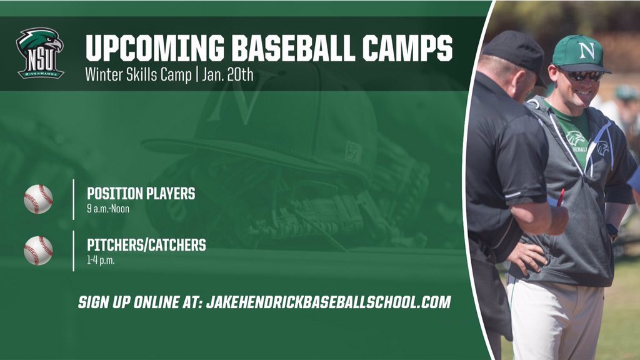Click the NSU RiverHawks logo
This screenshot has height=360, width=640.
pos(39,53)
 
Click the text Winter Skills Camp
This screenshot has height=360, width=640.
pos(139,75)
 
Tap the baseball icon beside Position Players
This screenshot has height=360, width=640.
pos(38,199)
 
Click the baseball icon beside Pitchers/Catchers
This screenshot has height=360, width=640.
pos(38,251)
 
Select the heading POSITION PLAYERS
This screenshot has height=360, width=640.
pos(141,194)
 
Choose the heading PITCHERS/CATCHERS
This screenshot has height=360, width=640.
pos(146,245)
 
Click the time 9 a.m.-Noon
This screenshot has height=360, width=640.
pos(108,209)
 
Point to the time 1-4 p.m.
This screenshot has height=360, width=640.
pos(101,260)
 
